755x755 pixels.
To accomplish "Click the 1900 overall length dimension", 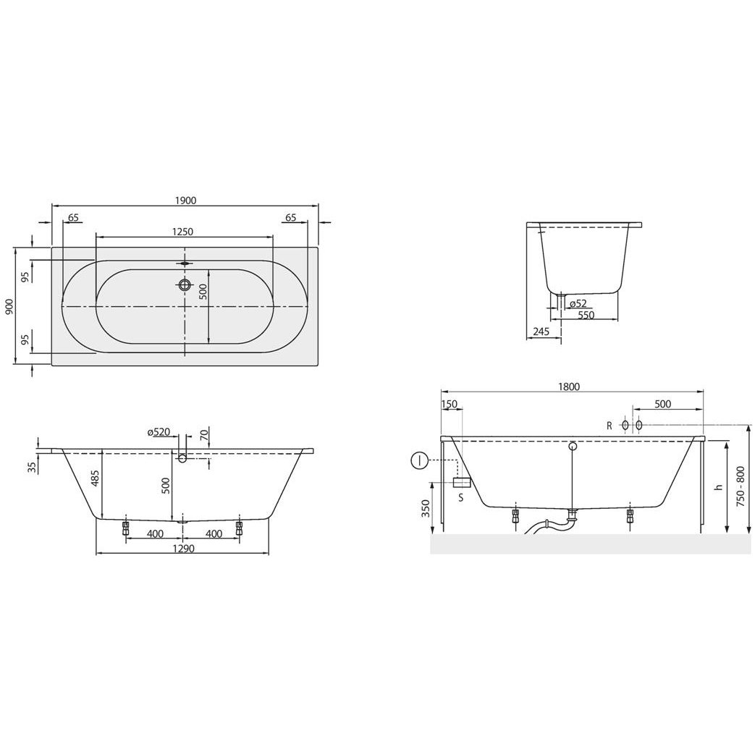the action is (x=186, y=201).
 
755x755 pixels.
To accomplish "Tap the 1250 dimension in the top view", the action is (x=183, y=232).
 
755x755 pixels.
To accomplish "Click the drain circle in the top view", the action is (x=184, y=284).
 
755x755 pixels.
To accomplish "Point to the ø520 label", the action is (x=159, y=432).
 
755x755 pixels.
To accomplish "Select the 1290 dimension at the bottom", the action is (x=183, y=549).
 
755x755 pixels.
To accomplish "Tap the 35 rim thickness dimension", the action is (x=33, y=467).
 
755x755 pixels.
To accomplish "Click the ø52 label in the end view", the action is (x=578, y=303).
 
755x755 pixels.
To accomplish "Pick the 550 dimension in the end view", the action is (x=586, y=316).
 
